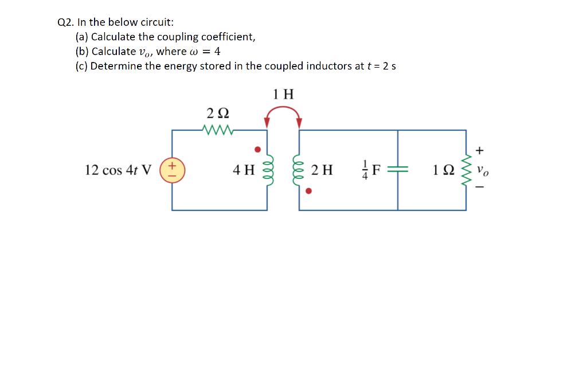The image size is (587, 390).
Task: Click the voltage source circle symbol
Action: pos(172,170)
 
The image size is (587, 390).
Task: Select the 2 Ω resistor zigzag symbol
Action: pos(218,130)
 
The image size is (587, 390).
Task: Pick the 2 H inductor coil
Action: pos(299,170)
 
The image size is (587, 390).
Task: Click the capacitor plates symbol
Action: pos(398,170)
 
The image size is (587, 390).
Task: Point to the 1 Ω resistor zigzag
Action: pos(465,170)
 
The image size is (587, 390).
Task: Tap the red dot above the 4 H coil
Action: pos(257,150)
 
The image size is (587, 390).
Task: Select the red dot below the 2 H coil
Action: pos(308,191)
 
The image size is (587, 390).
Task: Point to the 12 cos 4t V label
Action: pos(118,170)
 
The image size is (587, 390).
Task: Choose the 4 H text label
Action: pos(244,170)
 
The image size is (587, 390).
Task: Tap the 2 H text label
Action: pos(322,170)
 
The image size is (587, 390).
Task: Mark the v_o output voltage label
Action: pos(484,171)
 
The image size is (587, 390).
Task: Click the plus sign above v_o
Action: pos(480,151)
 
